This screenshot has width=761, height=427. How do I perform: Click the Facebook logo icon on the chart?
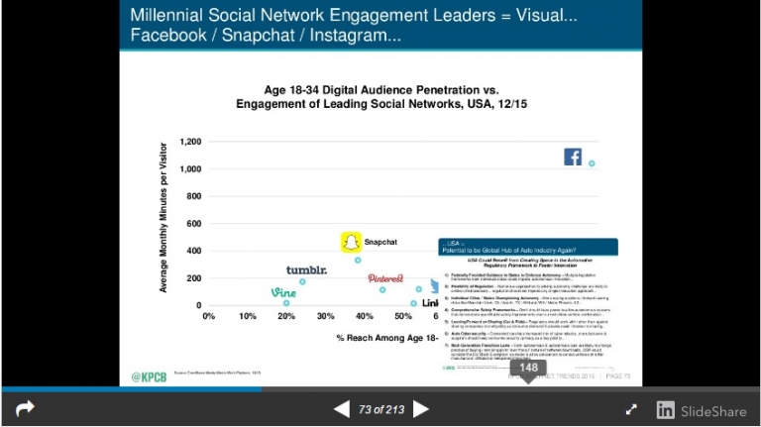point(573,157)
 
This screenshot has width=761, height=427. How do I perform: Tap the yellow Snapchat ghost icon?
point(349,243)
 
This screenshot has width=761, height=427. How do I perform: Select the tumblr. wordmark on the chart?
point(306,270)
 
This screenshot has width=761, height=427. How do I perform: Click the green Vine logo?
point(284,292)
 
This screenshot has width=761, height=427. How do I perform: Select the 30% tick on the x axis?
point(325,316)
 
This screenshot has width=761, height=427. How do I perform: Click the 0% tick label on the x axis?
point(208,316)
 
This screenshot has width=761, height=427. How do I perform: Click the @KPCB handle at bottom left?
point(150,376)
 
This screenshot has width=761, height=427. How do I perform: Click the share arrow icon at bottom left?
point(25,408)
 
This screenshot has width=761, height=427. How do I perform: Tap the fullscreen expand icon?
point(631,408)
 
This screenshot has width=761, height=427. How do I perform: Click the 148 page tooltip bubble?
point(529,368)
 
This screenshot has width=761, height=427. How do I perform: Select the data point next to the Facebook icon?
point(592,163)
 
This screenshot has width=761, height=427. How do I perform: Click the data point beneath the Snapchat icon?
point(358,261)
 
